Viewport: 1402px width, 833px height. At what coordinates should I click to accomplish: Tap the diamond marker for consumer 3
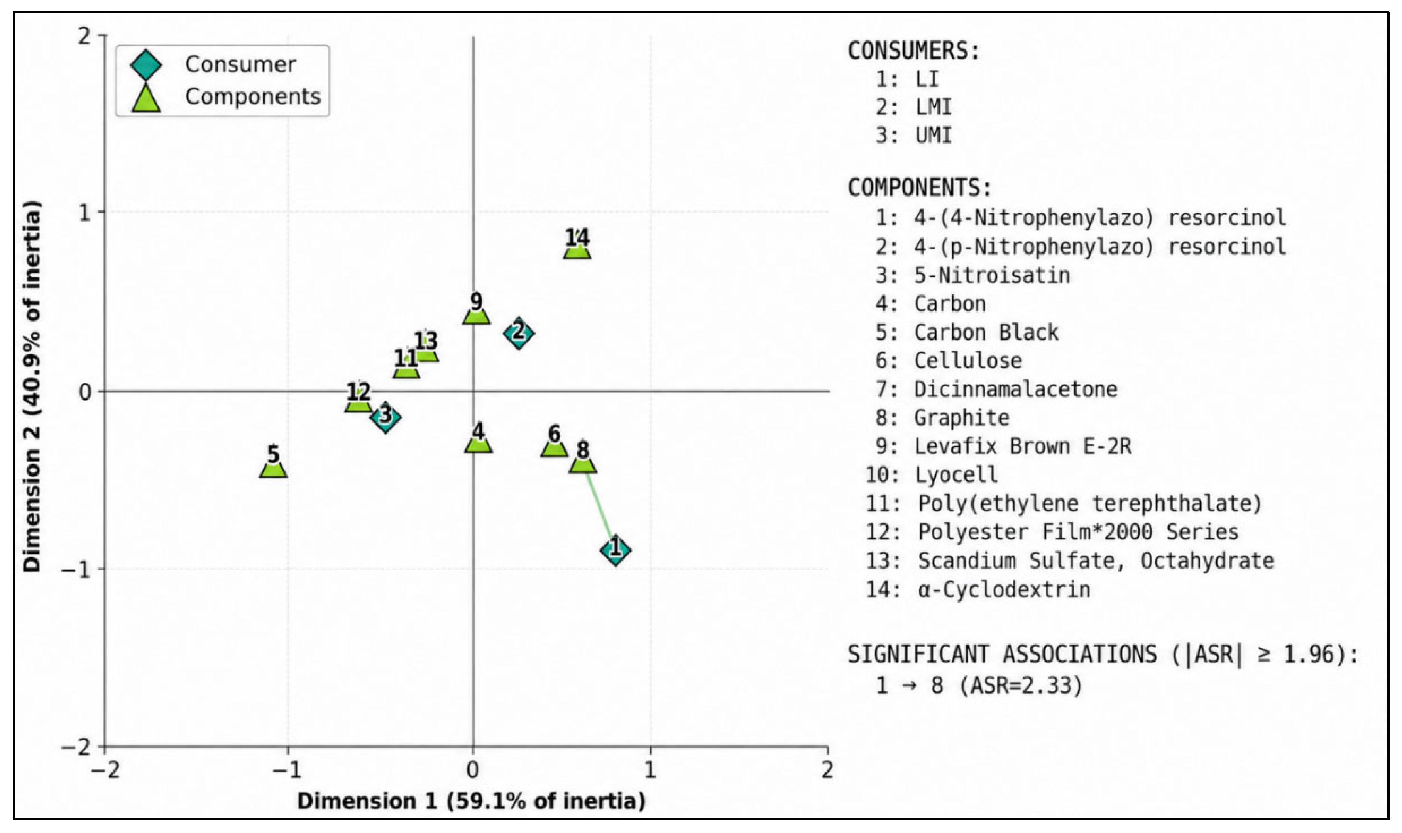click(x=385, y=417)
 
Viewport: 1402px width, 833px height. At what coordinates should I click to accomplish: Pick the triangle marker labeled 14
click(x=577, y=249)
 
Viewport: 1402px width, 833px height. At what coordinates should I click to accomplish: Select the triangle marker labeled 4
click(x=478, y=443)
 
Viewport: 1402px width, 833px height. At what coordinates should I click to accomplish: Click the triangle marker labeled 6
click(x=554, y=447)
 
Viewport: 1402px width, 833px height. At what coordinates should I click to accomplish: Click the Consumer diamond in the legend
click(x=146, y=65)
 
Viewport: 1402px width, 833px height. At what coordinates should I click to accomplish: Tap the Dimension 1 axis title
click(x=471, y=801)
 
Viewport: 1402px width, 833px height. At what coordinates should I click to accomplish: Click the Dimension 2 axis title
click(x=32, y=386)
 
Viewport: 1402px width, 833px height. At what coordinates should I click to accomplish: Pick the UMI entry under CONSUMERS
click(x=934, y=135)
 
